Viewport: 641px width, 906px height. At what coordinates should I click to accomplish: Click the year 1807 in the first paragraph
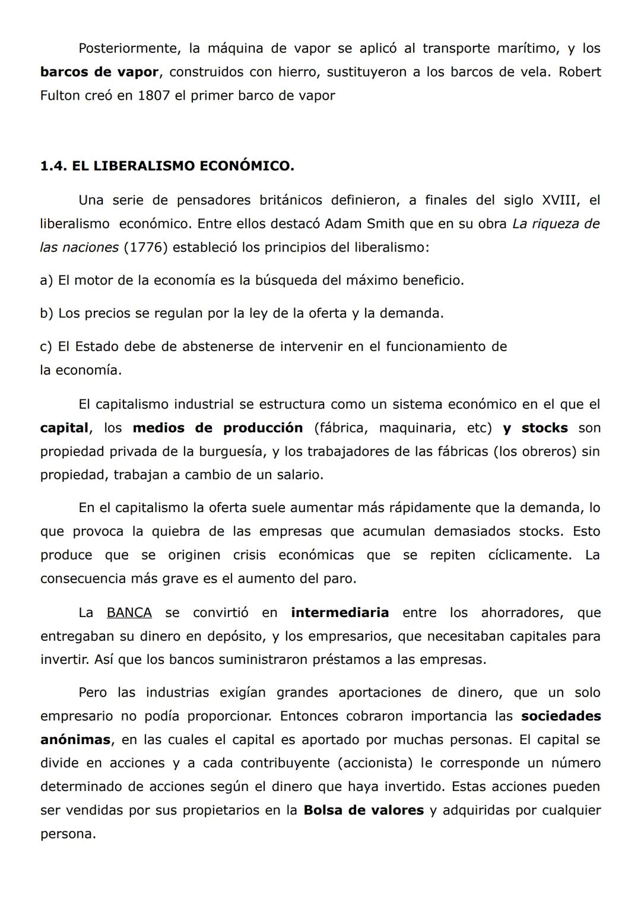click(x=154, y=96)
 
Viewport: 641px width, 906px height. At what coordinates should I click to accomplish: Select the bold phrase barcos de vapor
click(x=99, y=72)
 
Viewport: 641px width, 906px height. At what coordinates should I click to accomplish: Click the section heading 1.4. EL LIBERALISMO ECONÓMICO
click(x=167, y=166)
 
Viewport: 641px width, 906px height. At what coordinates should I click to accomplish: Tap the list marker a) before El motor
click(x=46, y=280)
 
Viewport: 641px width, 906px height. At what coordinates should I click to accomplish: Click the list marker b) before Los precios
click(x=46, y=313)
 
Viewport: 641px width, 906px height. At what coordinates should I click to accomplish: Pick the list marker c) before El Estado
click(x=46, y=346)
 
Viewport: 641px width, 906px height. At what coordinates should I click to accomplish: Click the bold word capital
click(x=64, y=428)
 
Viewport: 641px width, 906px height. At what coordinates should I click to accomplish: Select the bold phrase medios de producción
click(x=217, y=428)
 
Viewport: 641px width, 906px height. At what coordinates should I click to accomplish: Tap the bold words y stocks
click(x=535, y=428)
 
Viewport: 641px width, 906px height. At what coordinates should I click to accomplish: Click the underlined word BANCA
click(x=129, y=613)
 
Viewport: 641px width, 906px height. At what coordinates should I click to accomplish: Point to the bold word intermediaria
click(x=339, y=613)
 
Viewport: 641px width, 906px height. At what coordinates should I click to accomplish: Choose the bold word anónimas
click(x=75, y=740)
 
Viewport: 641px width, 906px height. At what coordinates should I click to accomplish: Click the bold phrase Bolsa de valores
click(x=363, y=810)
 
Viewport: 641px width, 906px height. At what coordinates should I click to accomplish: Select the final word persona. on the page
click(x=68, y=834)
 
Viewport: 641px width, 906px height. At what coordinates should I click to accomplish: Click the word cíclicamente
click(x=529, y=555)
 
